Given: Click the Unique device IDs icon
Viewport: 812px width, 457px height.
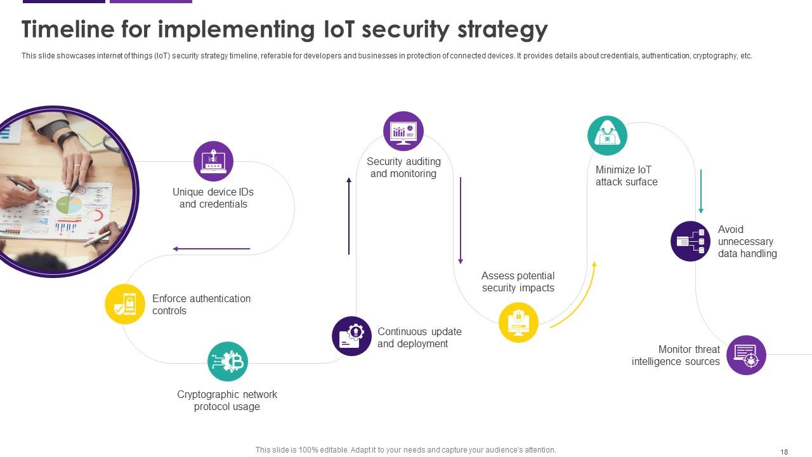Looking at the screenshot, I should (x=213, y=161).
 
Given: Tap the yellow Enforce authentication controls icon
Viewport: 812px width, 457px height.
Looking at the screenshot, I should (x=125, y=304).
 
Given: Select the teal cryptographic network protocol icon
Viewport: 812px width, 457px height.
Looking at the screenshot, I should (x=228, y=362).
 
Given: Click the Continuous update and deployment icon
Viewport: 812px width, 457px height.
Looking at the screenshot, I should (x=351, y=336).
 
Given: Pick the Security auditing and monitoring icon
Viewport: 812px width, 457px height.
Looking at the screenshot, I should (x=403, y=131).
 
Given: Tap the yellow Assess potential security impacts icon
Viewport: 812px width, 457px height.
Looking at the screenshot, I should (x=518, y=322).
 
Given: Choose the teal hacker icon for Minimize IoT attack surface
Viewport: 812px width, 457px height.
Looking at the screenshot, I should (x=607, y=135).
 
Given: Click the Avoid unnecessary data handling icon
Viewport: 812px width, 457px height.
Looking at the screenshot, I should (x=690, y=241).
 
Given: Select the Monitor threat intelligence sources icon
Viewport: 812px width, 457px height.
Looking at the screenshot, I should (x=746, y=355).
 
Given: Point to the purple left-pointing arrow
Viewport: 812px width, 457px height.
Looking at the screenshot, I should (x=211, y=249).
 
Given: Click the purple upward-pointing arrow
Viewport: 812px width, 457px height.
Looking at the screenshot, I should (x=349, y=216).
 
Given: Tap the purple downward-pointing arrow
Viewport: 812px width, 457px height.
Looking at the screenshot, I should (x=461, y=220).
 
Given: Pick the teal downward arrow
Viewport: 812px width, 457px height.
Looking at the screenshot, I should (x=701, y=191).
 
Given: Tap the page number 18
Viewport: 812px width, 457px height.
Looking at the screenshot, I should (x=784, y=452).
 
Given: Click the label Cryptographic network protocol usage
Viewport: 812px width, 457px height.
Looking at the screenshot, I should (x=227, y=401).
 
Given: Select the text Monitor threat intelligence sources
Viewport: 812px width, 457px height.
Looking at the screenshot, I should (x=676, y=355).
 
